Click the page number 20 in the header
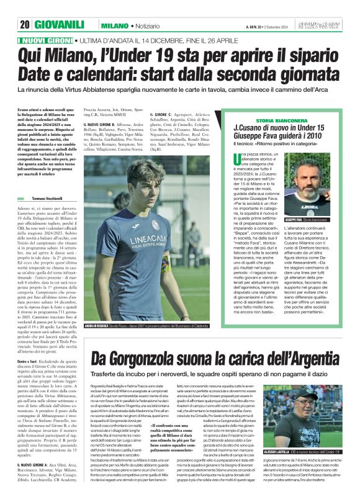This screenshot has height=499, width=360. coord(25,25)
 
